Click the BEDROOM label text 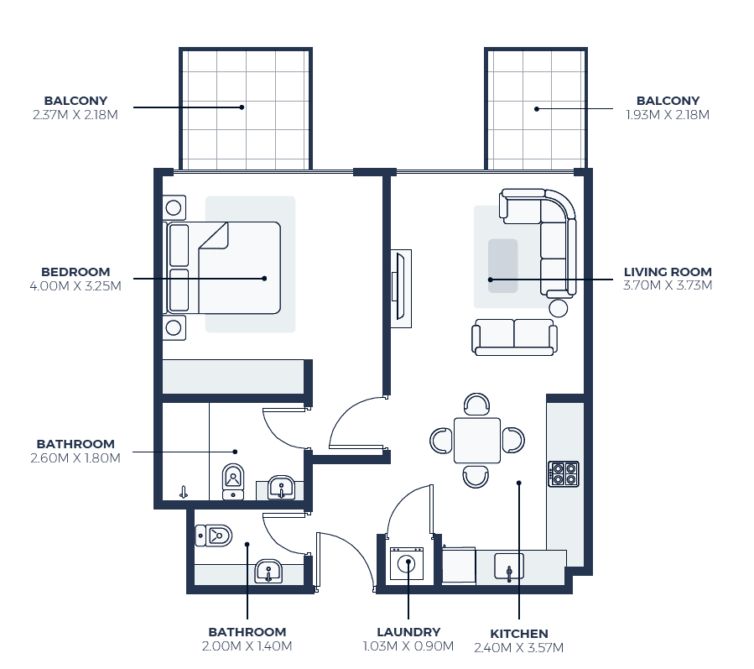pos(75,272)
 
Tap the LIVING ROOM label pos(668,272)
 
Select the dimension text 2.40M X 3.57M pos(519,648)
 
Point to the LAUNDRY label pos(408,632)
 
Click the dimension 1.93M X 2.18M pos(668,114)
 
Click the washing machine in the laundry pos(407,563)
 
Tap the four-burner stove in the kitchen pos(564,474)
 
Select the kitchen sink pos(509,567)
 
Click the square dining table pos(477,441)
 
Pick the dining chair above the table pos(477,405)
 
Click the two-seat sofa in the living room pos(514,337)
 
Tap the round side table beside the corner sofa pos(559,308)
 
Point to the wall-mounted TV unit pos(401,289)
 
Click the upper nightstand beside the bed pos(174,208)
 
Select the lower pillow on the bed pos(179,290)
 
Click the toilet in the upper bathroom pos(233,482)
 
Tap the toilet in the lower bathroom pos(214,536)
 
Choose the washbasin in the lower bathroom pos(268,572)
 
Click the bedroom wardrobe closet pos(233,377)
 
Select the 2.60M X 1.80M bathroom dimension pos(75,458)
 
